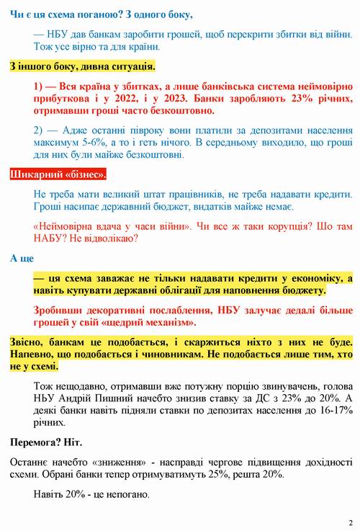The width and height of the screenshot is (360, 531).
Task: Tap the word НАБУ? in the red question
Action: point(50,238)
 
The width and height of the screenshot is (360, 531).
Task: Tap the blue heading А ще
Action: point(22,258)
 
